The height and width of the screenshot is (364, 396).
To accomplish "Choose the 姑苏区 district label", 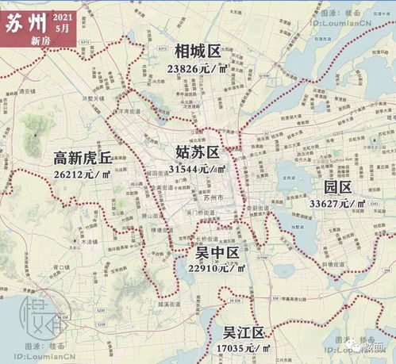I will tap(198, 152).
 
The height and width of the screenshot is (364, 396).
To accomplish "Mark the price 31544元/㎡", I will tap(198, 168).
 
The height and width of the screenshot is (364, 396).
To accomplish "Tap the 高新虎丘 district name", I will tap(83, 156).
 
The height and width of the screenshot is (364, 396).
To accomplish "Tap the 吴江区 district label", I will tap(242, 332).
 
